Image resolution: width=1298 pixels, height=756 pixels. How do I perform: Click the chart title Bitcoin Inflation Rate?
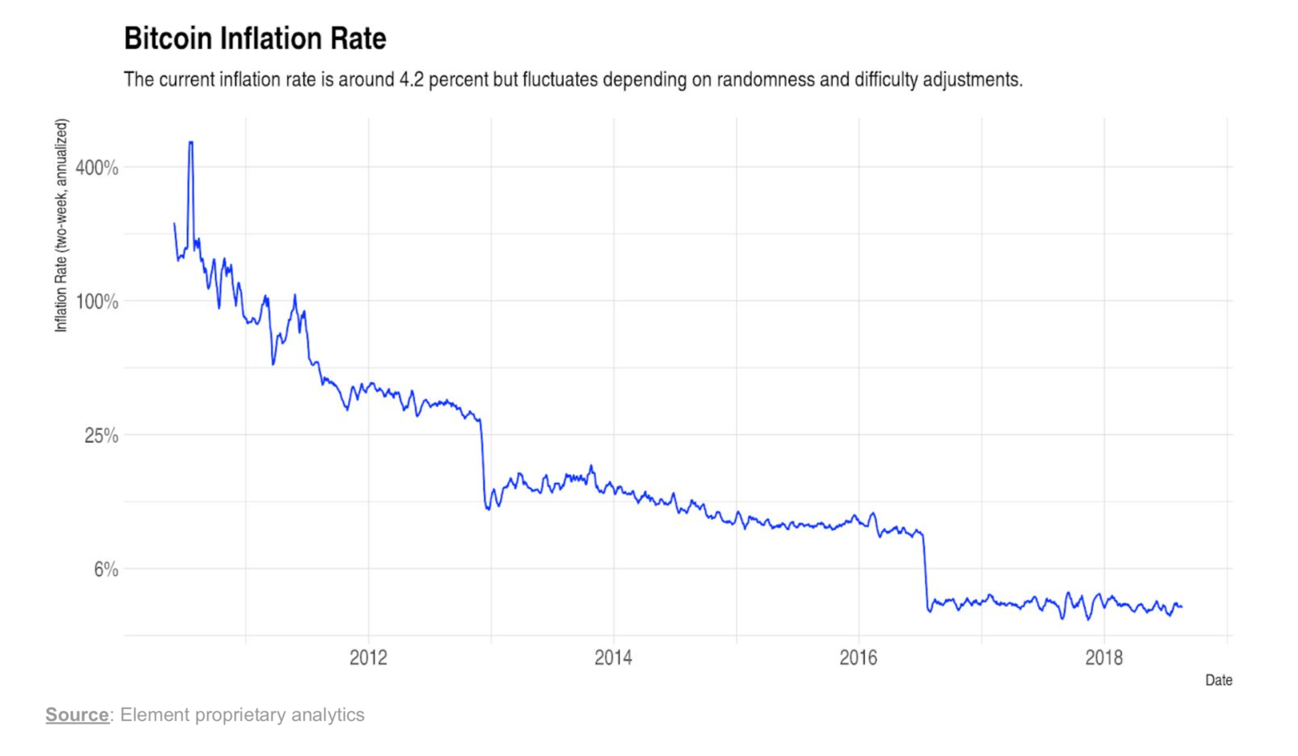(255, 39)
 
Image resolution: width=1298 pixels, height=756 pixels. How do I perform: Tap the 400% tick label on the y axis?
(97, 168)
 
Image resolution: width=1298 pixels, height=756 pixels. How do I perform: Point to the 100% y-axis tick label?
(97, 302)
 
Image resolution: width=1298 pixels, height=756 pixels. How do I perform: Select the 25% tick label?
(102, 436)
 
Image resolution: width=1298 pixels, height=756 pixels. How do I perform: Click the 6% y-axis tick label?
(106, 569)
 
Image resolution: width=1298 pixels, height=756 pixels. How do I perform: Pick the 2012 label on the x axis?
(368, 658)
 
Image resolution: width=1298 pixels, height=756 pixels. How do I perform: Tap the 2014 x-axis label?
(613, 658)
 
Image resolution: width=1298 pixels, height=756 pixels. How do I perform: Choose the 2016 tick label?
(858, 658)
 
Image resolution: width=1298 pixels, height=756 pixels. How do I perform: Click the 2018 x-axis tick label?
(1104, 658)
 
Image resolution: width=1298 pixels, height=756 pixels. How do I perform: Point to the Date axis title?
(1218, 680)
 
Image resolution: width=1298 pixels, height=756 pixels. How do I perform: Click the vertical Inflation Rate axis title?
(62, 225)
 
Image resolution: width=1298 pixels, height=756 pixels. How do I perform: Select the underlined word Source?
(77, 715)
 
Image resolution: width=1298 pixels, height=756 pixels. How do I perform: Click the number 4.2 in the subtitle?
(411, 80)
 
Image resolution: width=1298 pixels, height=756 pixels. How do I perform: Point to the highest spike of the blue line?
(191, 143)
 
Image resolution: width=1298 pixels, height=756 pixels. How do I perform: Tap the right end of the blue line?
(1182, 607)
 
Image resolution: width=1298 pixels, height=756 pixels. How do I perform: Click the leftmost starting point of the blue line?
(175, 223)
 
